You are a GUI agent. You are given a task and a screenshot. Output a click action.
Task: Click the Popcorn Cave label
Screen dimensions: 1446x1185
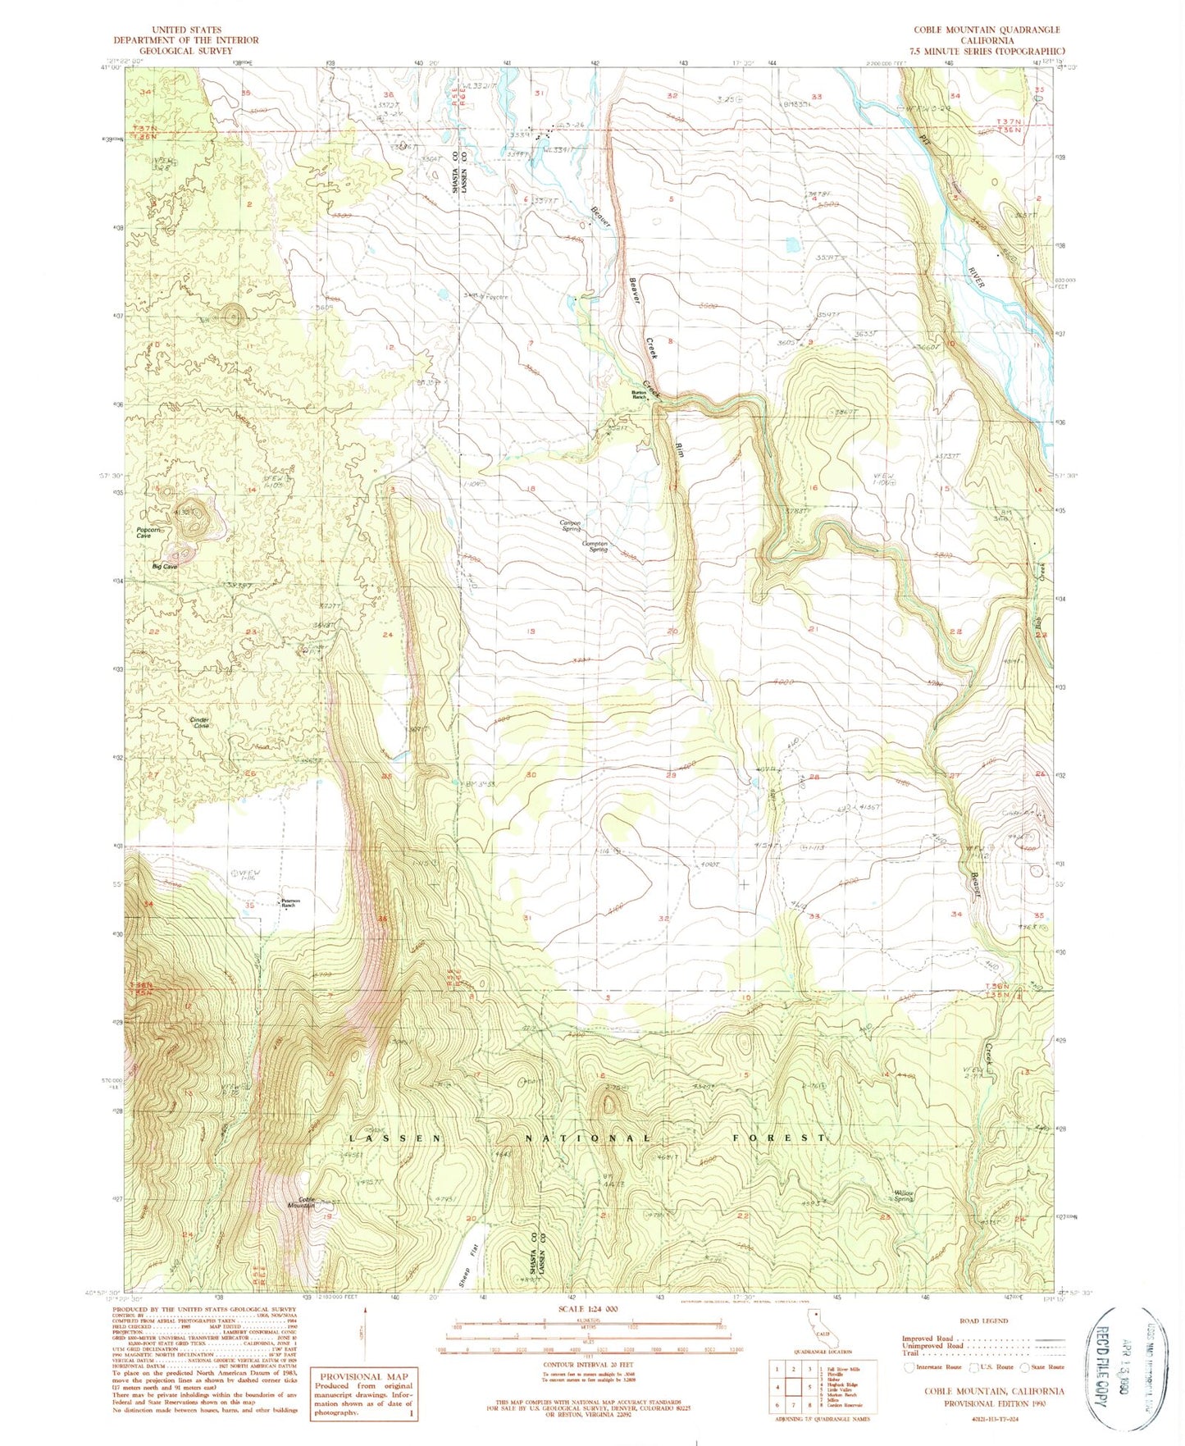[x=149, y=533]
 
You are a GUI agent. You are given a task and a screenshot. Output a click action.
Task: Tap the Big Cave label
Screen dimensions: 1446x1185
[x=164, y=566]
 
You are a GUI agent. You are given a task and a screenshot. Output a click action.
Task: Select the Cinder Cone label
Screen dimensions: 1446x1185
[x=200, y=723]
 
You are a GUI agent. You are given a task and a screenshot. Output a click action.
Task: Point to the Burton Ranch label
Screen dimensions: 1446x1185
[x=639, y=395]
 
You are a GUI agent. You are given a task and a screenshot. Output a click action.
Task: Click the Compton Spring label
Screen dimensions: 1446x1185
[x=595, y=546]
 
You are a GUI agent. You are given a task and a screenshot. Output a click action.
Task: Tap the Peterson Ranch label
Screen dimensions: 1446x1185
[x=291, y=902]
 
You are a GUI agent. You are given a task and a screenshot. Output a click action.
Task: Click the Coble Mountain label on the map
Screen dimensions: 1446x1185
[x=300, y=1203]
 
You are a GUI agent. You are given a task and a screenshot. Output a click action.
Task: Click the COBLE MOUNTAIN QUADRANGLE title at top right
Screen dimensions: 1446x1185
[x=987, y=30]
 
